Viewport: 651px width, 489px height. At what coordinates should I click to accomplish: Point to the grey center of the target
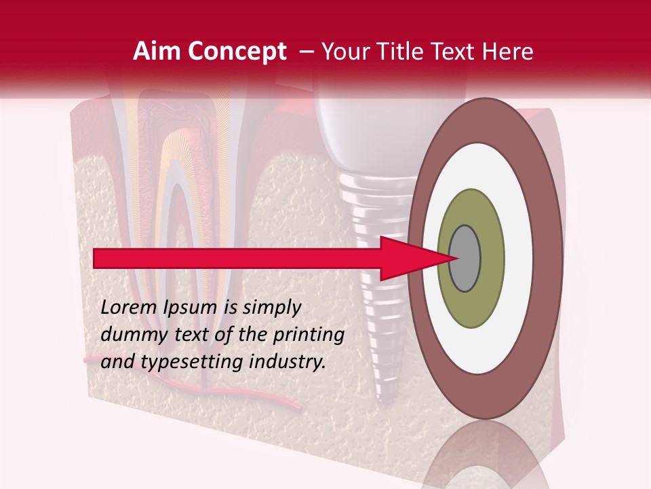pyautogui.click(x=465, y=259)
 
